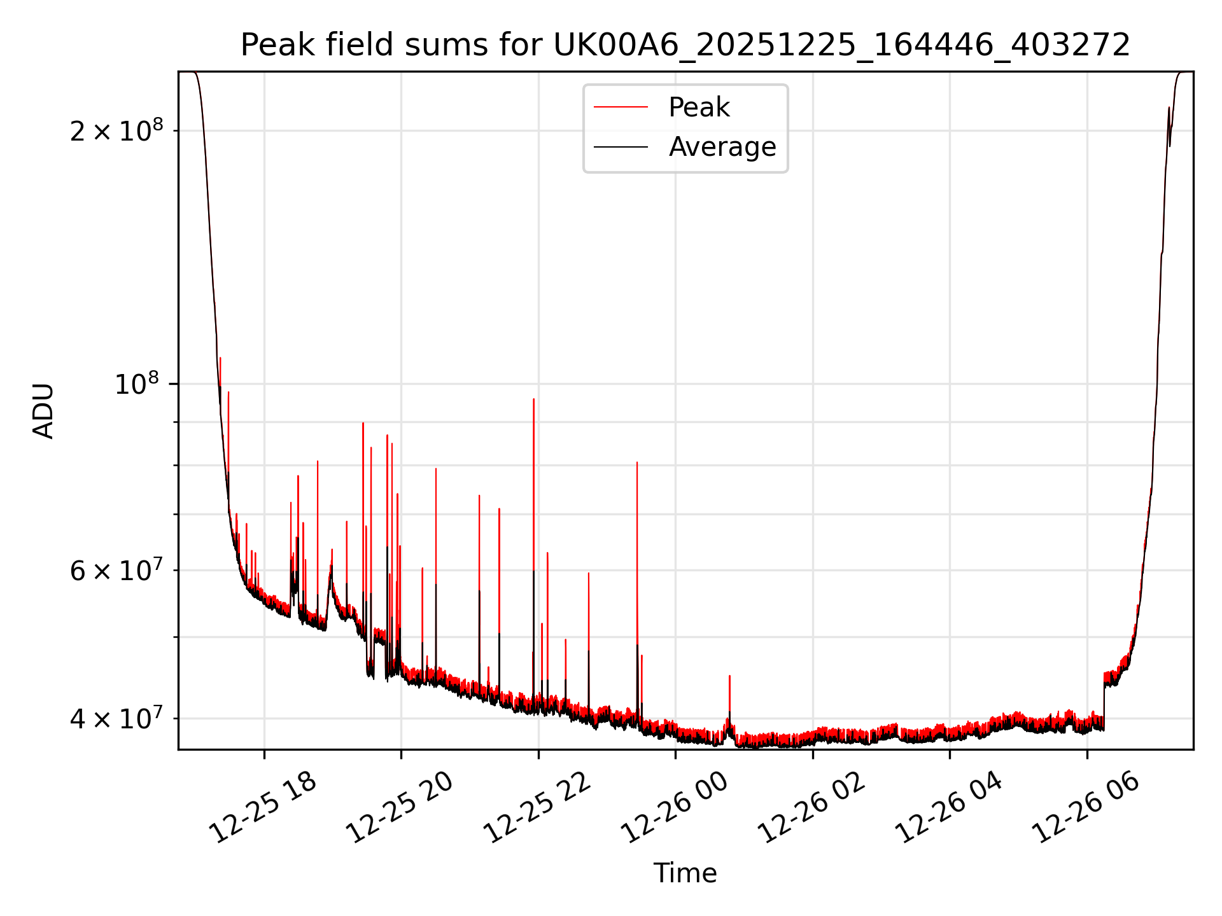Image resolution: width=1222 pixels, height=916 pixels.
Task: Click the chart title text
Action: click(685, 46)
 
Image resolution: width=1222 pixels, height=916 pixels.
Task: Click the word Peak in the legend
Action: click(699, 108)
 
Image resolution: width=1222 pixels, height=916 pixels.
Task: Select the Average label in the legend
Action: click(722, 147)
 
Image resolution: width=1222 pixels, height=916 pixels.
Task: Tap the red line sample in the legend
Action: click(621, 108)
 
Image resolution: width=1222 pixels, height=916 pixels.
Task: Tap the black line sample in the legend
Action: click(621, 147)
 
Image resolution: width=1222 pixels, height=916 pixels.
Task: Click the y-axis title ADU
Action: click(43, 411)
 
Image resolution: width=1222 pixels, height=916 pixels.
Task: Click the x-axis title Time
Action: click(685, 873)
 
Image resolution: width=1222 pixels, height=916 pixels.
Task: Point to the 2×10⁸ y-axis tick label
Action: click(116, 131)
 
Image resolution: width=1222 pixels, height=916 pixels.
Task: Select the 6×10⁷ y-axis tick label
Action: click(116, 571)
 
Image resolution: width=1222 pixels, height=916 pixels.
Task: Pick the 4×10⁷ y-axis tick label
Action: click(116, 719)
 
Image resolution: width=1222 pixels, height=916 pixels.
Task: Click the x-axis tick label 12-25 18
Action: click(263, 808)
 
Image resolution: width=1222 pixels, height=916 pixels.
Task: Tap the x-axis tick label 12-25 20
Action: click(400, 808)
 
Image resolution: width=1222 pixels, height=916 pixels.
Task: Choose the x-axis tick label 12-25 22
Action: click(538, 808)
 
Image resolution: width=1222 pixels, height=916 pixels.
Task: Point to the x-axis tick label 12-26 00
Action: click(675, 808)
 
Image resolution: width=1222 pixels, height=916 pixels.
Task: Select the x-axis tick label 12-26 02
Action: click(812, 808)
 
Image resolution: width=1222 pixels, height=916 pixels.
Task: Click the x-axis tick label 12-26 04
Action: click(949, 808)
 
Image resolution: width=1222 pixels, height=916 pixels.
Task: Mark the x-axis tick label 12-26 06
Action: click(1086, 808)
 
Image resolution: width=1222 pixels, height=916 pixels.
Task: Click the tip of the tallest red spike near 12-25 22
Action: click(533, 399)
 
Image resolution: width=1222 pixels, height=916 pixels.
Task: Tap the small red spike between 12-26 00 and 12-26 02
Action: click(729, 677)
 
